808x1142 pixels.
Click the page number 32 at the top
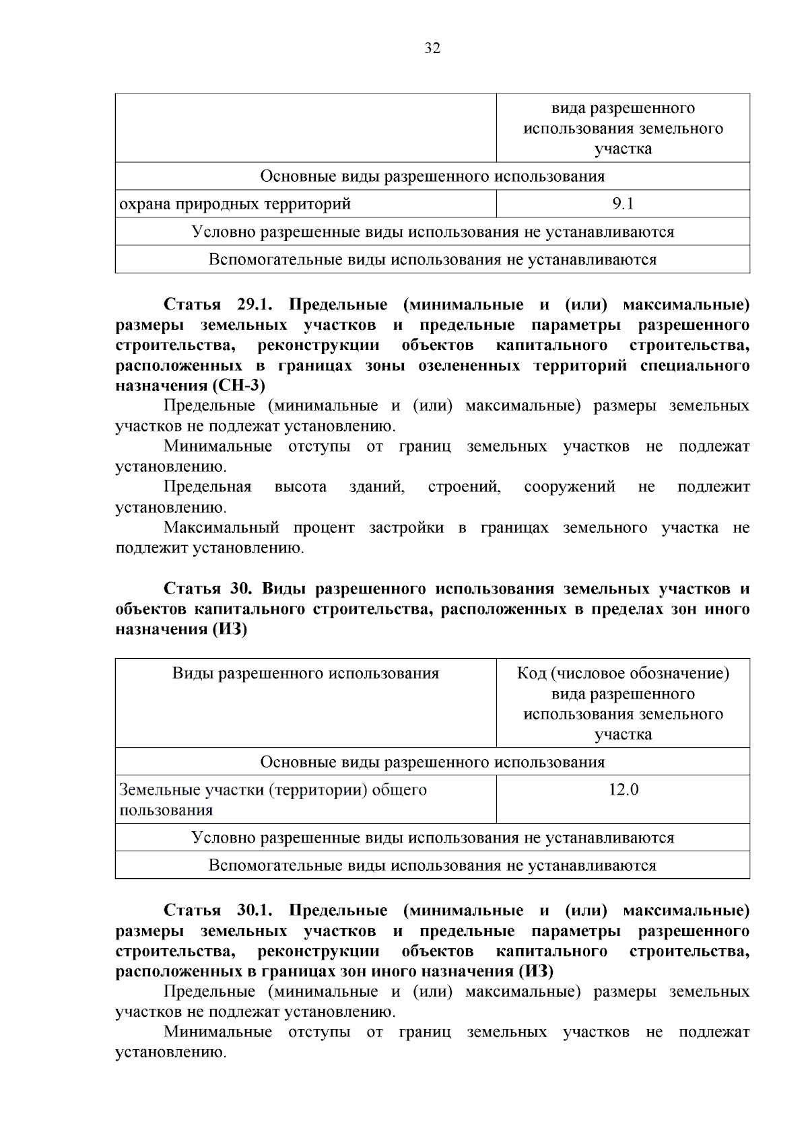click(432, 48)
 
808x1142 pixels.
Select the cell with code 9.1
click(623, 203)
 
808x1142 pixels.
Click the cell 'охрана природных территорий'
click(235, 203)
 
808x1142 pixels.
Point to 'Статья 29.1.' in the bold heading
click(217, 304)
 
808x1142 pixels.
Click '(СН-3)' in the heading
click(238, 386)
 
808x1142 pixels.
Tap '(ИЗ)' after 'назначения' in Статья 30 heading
click(230, 630)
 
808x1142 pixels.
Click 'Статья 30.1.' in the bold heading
click(217, 911)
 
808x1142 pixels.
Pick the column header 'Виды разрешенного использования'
click(305, 674)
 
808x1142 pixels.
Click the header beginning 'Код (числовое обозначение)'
click(623, 674)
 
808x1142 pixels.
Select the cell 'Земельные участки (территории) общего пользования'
click(273, 799)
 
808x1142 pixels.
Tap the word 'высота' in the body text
click(300, 487)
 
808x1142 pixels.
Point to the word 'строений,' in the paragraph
click(464, 487)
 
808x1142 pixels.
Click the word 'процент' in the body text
click(324, 528)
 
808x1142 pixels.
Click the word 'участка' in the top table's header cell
click(623, 149)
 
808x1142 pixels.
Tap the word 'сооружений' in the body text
click(569, 487)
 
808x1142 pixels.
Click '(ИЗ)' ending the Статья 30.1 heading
click(536, 971)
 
